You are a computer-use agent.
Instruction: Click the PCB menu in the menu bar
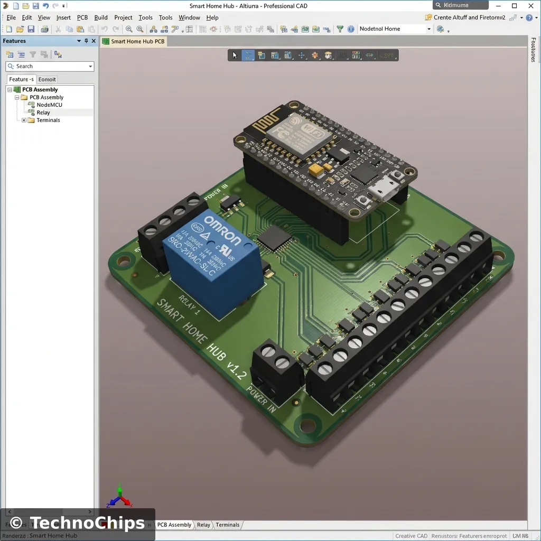(82, 17)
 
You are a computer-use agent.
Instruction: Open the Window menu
(189, 17)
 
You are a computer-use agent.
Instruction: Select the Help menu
(212, 17)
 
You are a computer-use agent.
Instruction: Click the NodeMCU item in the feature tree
(49, 105)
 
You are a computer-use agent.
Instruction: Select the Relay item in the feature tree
(43, 113)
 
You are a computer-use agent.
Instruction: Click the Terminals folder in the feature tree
(48, 120)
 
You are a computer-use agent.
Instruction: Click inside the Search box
(50, 66)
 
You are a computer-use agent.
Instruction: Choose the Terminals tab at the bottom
(228, 525)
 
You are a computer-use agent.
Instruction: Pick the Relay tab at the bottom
(203, 525)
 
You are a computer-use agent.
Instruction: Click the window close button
(530, 6)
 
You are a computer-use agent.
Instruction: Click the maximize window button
(515, 6)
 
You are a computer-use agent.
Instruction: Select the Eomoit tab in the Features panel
(47, 79)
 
